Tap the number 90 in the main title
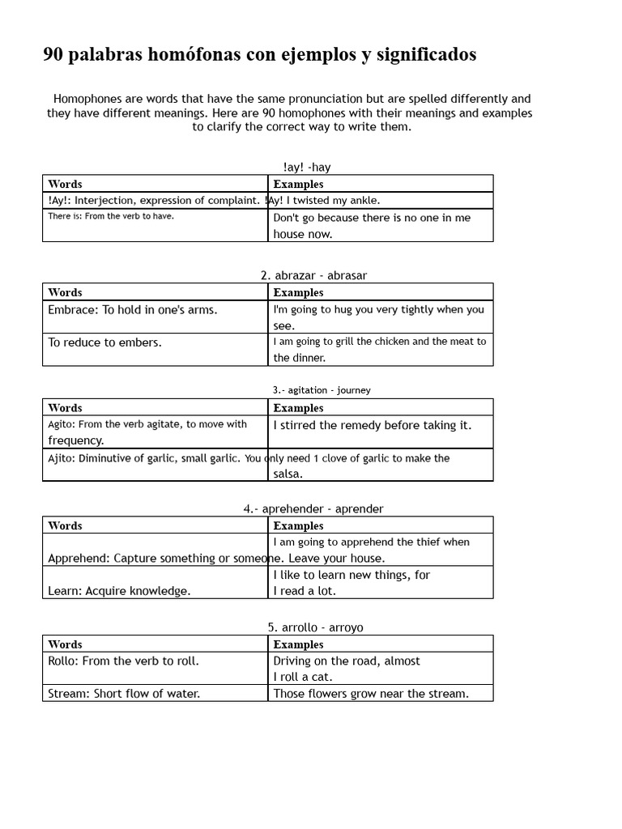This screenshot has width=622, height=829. coord(53,55)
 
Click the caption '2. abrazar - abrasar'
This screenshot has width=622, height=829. coord(313,275)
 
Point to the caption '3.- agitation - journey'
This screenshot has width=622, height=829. coord(321,390)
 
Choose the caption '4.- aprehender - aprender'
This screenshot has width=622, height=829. coord(313,509)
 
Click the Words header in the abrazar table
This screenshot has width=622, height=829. coord(65,292)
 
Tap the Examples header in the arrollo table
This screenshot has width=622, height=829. coord(298,644)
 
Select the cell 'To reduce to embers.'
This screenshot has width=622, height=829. coord(104,342)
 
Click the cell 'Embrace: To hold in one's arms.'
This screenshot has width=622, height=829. coord(132,309)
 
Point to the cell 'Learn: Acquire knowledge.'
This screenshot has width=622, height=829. coord(119,591)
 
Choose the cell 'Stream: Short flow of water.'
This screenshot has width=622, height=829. coord(123,694)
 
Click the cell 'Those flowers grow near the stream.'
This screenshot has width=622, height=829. coord(371,694)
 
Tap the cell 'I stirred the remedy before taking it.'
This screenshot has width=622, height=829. coord(372,425)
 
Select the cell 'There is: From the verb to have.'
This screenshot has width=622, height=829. coord(111,216)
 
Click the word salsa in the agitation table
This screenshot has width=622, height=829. coord(288,474)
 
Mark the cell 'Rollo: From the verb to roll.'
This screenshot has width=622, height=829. coord(123,661)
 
